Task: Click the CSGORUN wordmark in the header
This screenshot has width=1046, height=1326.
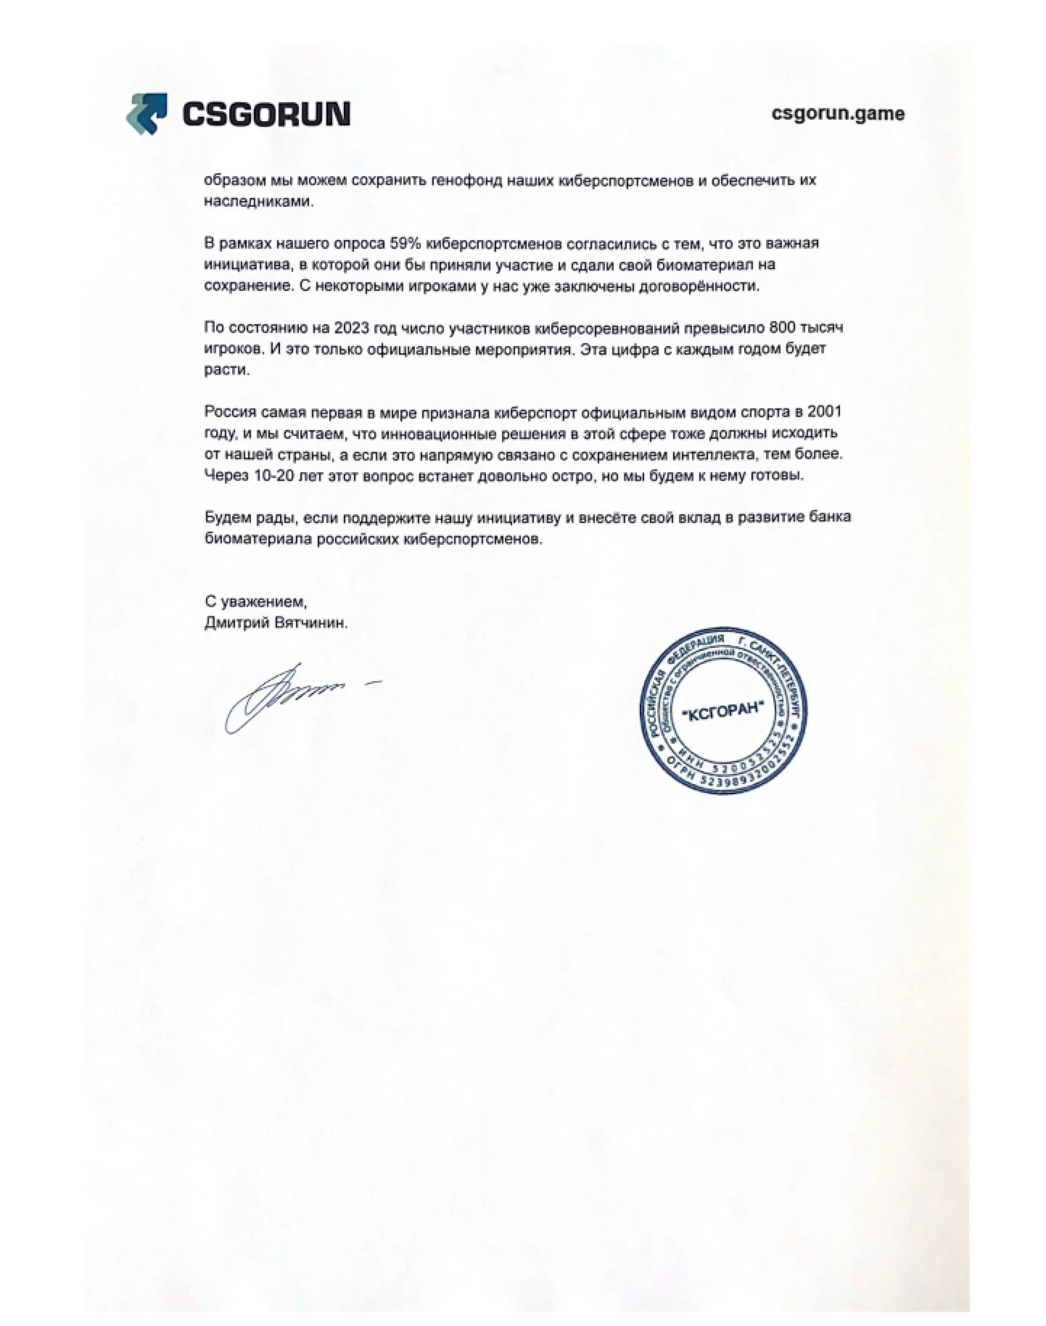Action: [266, 114]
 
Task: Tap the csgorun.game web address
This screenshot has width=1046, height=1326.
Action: [837, 114]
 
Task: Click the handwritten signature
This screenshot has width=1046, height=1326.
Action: [288, 698]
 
